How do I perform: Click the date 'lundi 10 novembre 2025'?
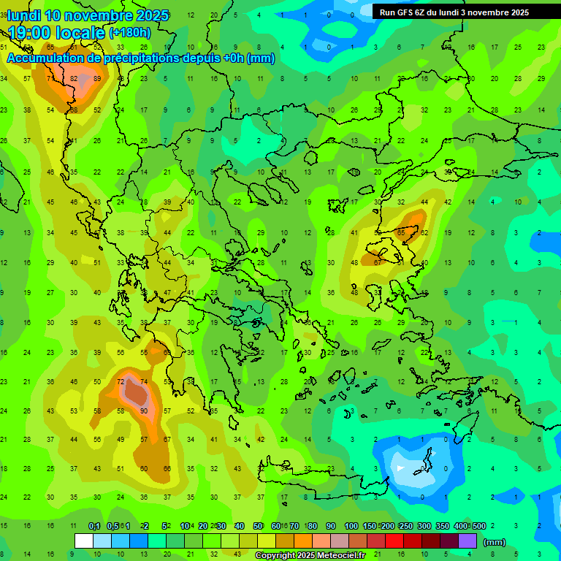pos(88,15)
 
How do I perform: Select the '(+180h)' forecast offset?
pos(130,33)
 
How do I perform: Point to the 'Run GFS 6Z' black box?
pos(454,12)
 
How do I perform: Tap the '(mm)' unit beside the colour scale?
pos(495,542)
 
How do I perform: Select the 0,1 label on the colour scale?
pos(94,526)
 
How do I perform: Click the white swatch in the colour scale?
pos(84,541)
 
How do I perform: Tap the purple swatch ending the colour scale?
pos(467,541)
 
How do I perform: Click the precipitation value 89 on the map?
pos(97,79)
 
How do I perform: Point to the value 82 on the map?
pos(74,79)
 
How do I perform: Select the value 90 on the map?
pos(144,411)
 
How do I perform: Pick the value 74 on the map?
pos(144,382)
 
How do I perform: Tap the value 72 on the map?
pos(121,382)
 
